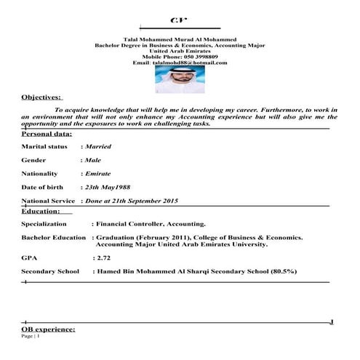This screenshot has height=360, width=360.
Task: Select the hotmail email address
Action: point(191,63)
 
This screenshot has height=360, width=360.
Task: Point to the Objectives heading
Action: point(42,97)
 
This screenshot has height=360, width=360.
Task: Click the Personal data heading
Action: point(47,135)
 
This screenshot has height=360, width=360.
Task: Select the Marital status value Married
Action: point(98,147)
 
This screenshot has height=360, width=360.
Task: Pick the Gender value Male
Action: point(93,159)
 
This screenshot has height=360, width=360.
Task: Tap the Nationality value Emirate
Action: point(98,175)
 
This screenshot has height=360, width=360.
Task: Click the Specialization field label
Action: point(44,225)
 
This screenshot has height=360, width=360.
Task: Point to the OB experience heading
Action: point(49,330)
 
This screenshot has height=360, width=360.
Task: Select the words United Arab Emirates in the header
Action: point(180,51)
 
